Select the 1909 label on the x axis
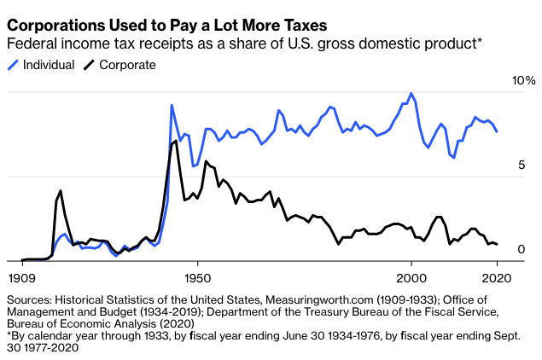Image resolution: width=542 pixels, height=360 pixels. click(x=22, y=276)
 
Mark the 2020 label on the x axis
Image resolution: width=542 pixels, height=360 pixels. click(x=497, y=276)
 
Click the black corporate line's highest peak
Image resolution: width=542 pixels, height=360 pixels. click(x=176, y=141)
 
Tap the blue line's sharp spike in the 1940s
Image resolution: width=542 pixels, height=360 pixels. click(x=172, y=105)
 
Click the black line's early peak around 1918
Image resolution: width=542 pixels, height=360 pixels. click(x=61, y=190)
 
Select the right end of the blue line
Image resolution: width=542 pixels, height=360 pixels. click(x=498, y=131)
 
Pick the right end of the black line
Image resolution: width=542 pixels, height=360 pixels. click(x=498, y=245)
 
